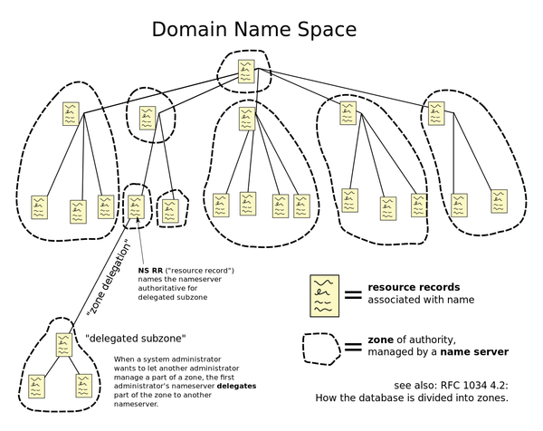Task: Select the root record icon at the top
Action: (x=246, y=72)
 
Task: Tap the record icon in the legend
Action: (x=325, y=296)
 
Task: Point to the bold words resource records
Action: (x=414, y=287)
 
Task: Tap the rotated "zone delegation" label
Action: (x=109, y=277)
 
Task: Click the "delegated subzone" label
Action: (x=136, y=339)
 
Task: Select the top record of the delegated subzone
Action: (x=64, y=345)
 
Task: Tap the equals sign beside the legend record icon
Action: (x=353, y=295)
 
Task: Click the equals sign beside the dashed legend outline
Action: (x=353, y=347)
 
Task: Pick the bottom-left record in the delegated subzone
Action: (x=37, y=387)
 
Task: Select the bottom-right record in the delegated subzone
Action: (x=84, y=386)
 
